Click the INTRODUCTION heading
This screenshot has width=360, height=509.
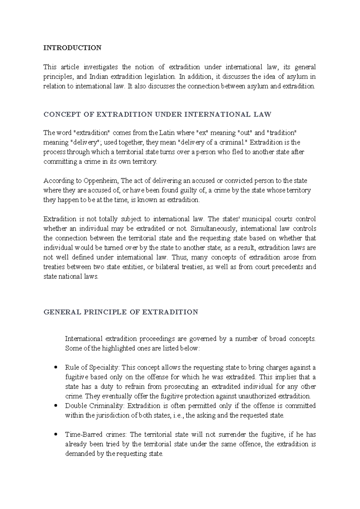click(72, 48)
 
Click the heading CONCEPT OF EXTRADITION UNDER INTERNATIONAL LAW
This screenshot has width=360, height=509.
click(157, 114)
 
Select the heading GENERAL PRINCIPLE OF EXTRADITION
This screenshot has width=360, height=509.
click(121, 312)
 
